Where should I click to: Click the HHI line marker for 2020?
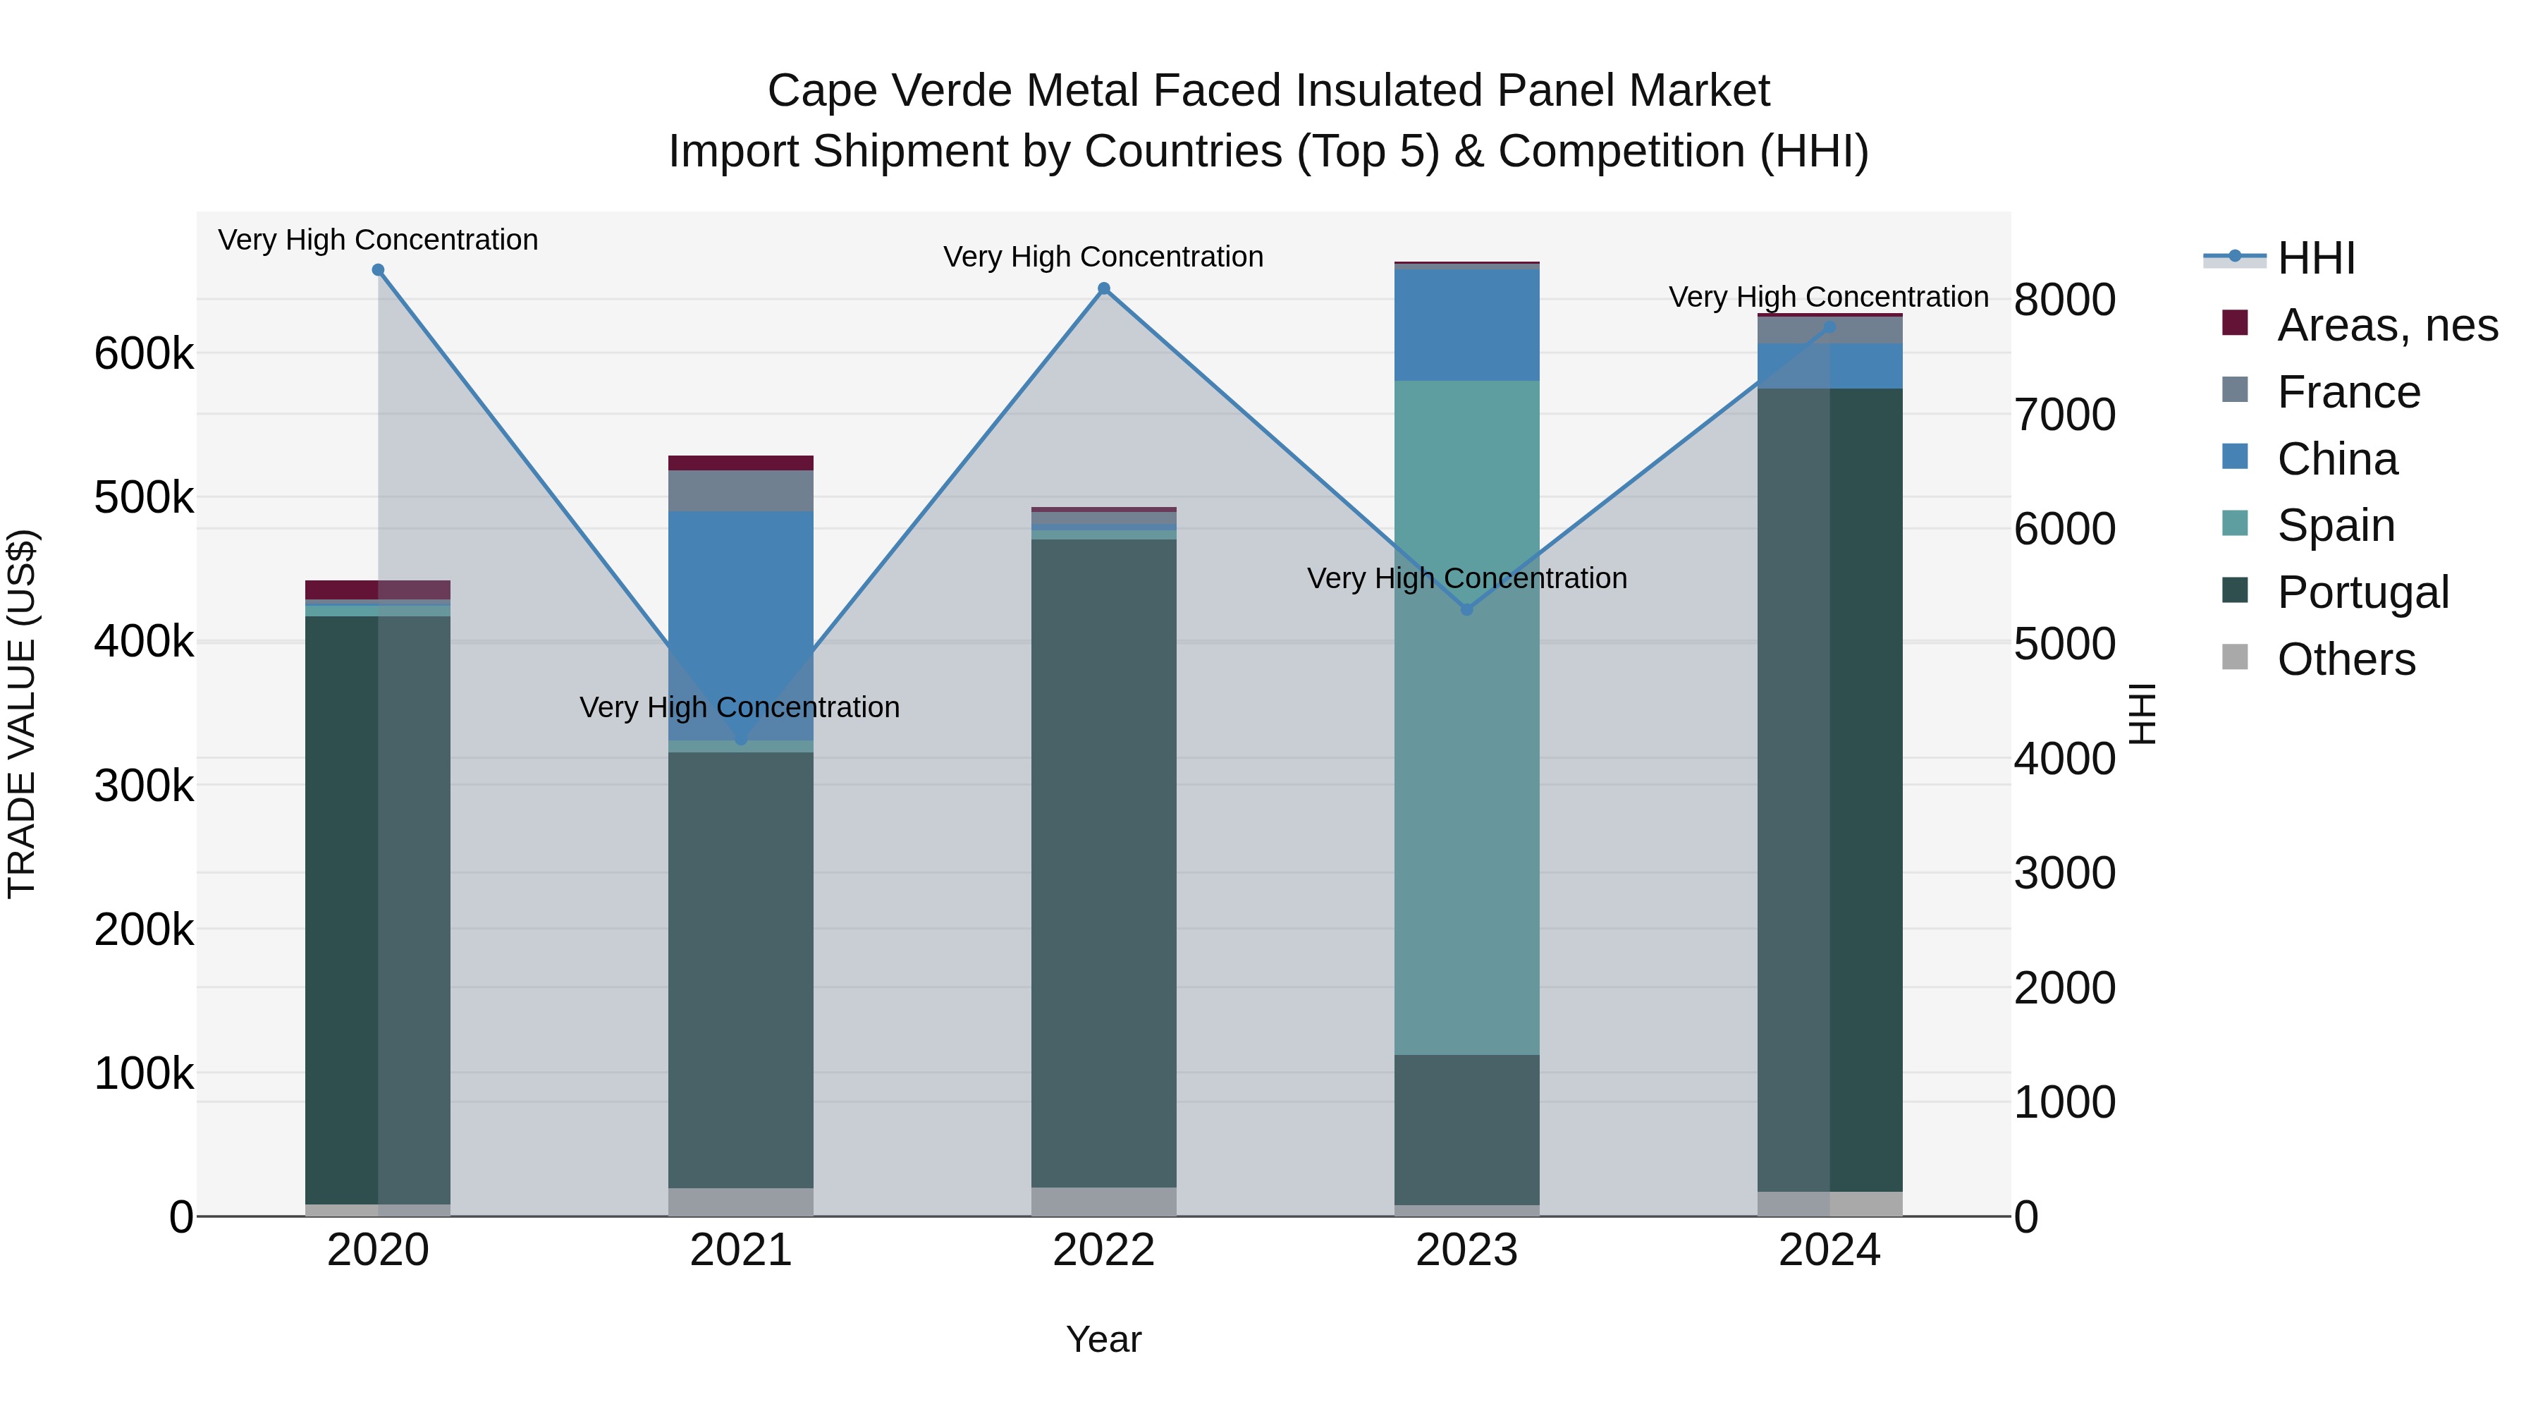tap(379, 270)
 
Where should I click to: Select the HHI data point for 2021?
tap(741, 739)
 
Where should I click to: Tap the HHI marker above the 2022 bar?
tap(1103, 288)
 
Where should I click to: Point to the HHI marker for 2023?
tap(1466, 610)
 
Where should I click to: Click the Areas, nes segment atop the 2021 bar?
tap(741, 463)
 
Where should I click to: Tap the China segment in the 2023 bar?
tap(1466, 325)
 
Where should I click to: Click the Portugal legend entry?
tap(2362, 592)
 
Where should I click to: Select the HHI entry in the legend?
tap(2315, 258)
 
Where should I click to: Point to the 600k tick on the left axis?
tap(144, 354)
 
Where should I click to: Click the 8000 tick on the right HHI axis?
tap(2064, 300)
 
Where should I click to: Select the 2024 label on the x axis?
tap(1829, 1250)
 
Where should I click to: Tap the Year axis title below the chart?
tap(1103, 1339)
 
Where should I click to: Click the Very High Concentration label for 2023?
tap(1466, 578)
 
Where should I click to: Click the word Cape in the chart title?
tap(822, 91)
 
